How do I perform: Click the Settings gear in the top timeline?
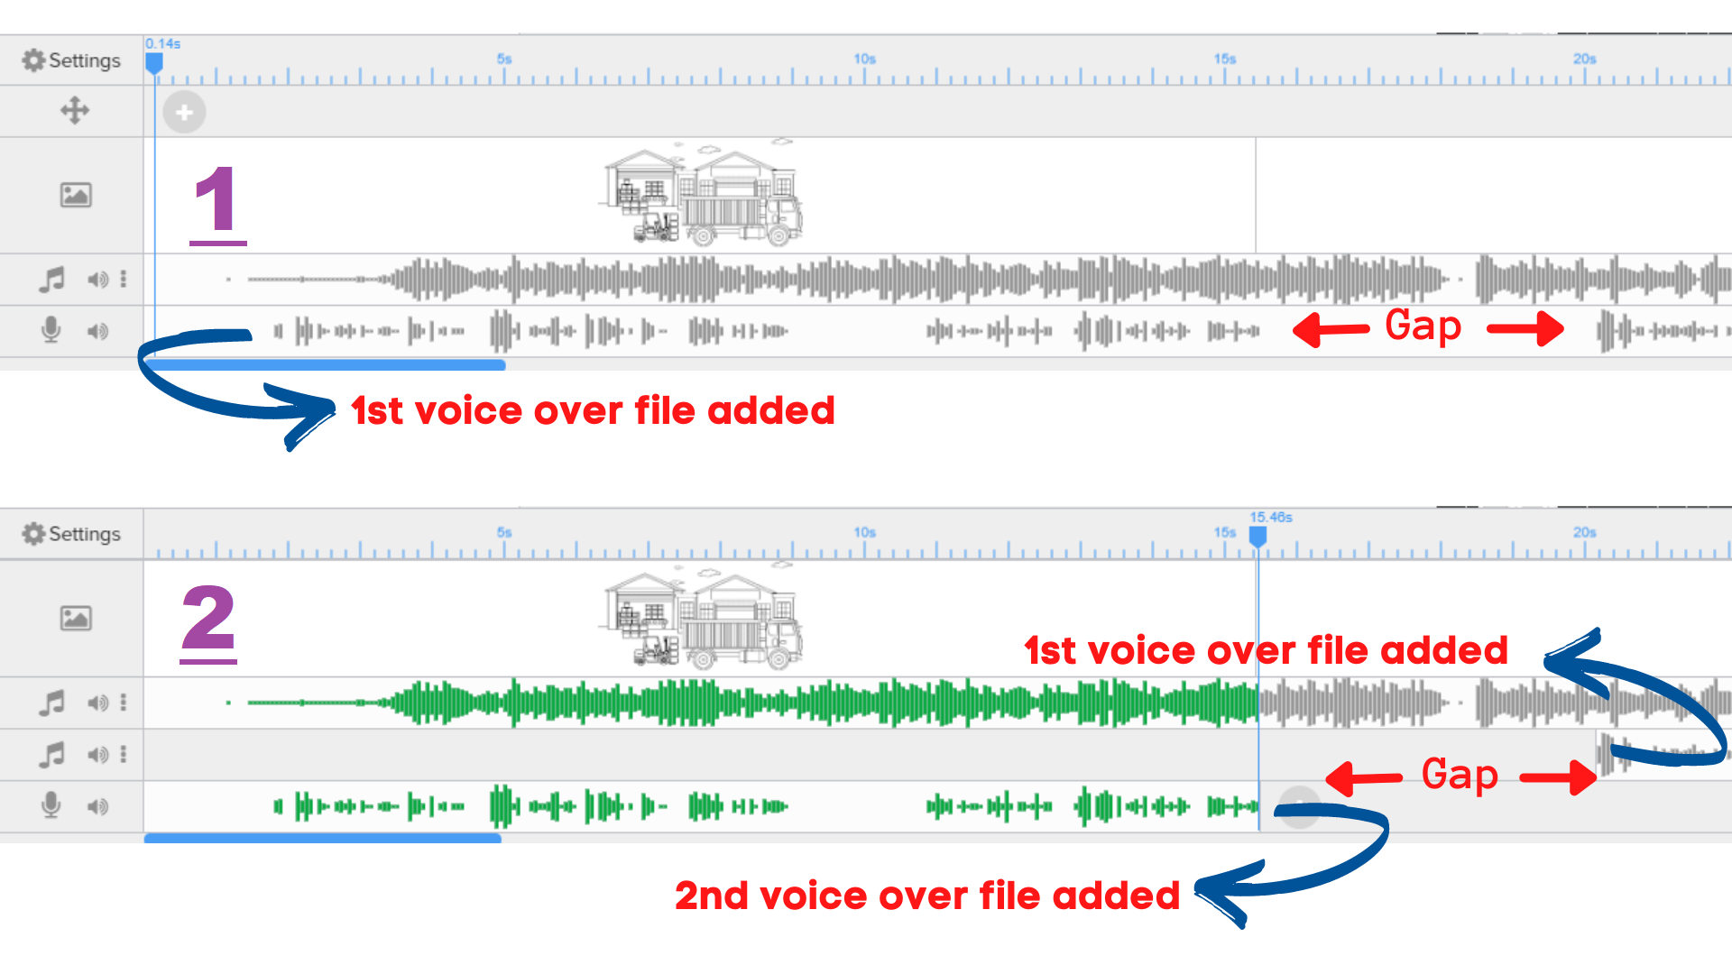tap(34, 60)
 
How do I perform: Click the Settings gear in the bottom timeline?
tap(34, 534)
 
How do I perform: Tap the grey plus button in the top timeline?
tap(184, 113)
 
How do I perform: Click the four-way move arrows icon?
tap(75, 111)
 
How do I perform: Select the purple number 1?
tap(216, 202)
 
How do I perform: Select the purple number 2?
tap(208, 620)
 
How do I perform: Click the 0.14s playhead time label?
tap(163, 43)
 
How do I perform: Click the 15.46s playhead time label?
tap(1270, 517)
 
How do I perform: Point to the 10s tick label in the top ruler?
tap(864, 59)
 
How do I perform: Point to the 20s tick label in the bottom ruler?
tap(1584, 532)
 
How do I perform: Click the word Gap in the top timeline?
tap(1423, 326)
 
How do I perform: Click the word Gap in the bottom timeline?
tap(1460, 775)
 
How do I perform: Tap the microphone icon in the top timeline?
tap(51, 330)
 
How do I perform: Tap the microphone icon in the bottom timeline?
tap(51, 804)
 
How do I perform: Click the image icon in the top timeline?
tap(76, 195)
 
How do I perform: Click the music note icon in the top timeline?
tap(51, 279)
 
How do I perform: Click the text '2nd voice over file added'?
tap(926, 896)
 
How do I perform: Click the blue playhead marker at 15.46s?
tap(1258, 537)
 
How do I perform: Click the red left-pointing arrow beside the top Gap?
tap(1331, 329)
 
